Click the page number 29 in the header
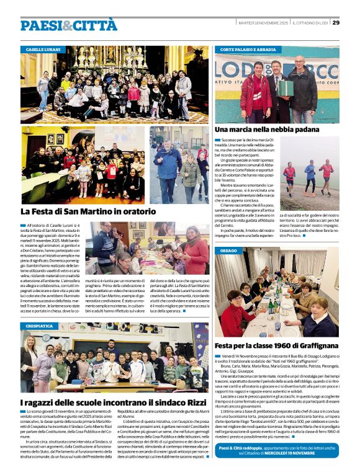tap(336, 23)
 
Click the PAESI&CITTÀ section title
tap(68, 25)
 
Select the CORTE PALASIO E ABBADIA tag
tap(248, 49)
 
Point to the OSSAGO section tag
tap(228, 251)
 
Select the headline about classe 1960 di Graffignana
tap(276, 345)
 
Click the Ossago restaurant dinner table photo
tap(276, 295)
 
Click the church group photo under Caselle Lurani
tap(114, 84)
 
